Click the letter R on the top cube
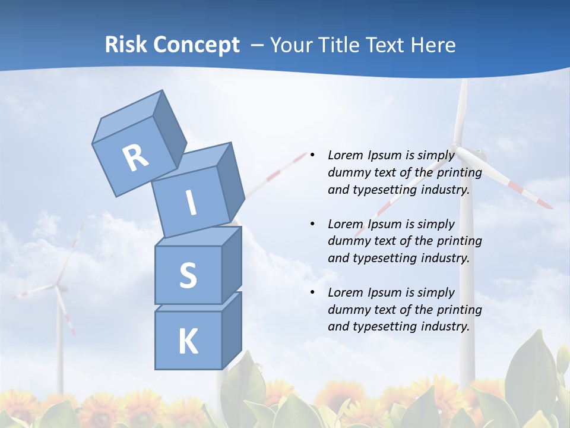point(135,158)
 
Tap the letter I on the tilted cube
point(191,203)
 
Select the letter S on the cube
point(188,276)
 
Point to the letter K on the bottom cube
point(188,342)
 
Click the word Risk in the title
point(126,45)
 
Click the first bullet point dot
point(312,155)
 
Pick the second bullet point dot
point(312,224)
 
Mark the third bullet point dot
point(312,292)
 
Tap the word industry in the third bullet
point(445,326)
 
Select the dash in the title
point(258,45)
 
